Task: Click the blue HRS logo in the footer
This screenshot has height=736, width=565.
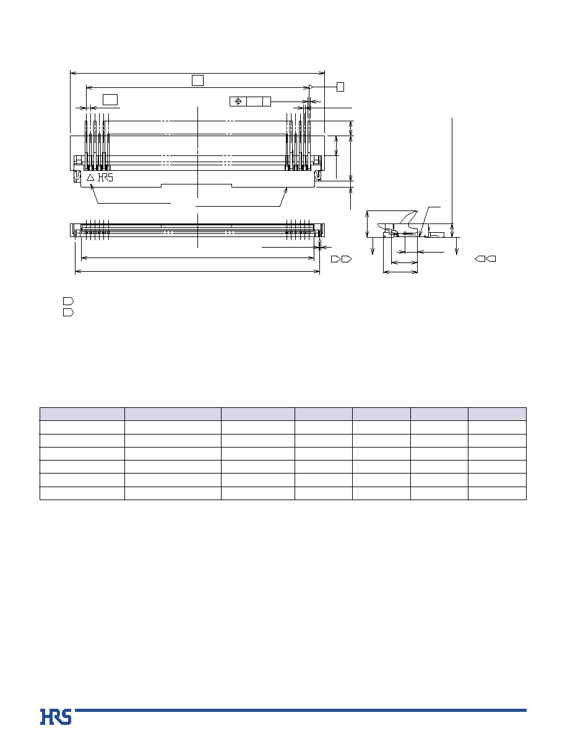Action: coord(56,717)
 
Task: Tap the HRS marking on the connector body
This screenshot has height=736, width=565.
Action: coord(105,178)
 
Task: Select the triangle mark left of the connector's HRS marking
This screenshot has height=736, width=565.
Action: coord(90,178)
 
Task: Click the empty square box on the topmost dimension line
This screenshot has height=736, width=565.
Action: coord(197,80)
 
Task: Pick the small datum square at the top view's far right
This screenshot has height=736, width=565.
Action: coord(340,87)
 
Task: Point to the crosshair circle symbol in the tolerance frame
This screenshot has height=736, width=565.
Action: coord(238,102)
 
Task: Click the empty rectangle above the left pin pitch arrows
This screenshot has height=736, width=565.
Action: coord(110,99)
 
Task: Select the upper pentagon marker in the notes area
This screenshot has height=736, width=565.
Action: coord(68,301)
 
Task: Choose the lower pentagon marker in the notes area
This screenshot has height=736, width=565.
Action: coord(68,312)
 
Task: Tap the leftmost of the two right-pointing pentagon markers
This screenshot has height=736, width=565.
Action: coord(336,259)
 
